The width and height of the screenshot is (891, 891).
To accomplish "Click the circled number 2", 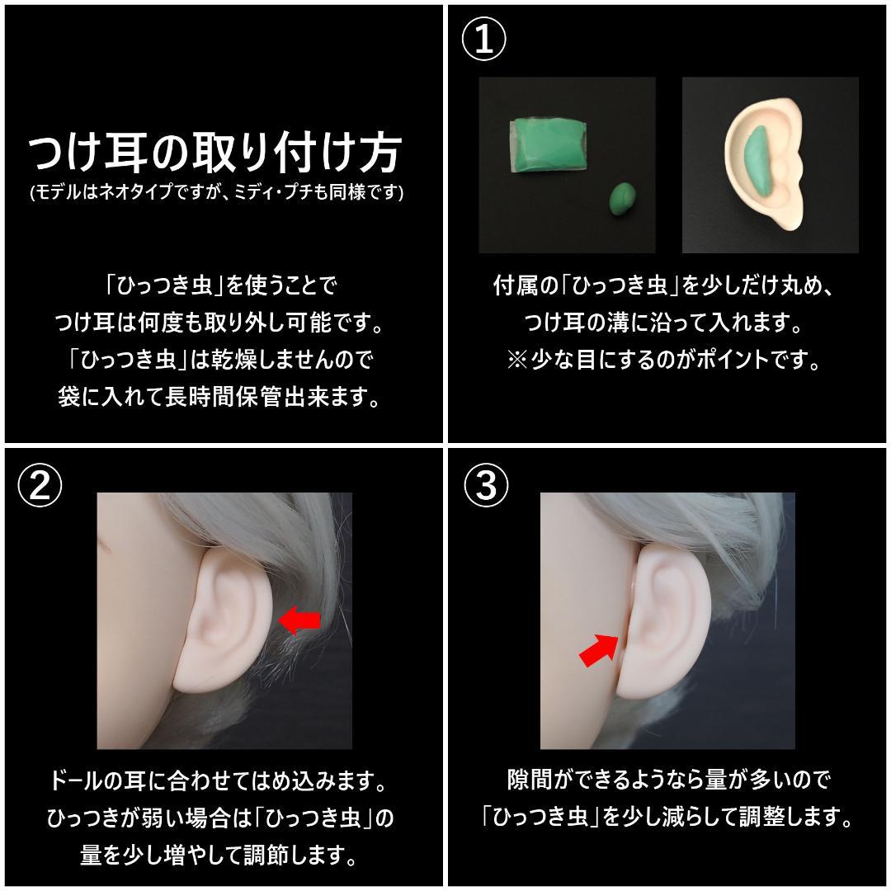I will coord(40,487).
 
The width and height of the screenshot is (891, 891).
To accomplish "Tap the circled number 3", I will coord(486,487).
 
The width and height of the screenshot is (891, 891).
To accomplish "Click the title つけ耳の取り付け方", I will coord(215,153).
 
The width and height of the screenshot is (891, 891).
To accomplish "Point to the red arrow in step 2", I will coord(300,619).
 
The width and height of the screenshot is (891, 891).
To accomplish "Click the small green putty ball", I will coord(623,200).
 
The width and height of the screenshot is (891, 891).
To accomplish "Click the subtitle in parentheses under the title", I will coord(216,192).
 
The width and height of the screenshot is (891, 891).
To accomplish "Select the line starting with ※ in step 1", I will coord(664,361).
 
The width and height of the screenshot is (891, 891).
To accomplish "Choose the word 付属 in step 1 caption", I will coord(513,286).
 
